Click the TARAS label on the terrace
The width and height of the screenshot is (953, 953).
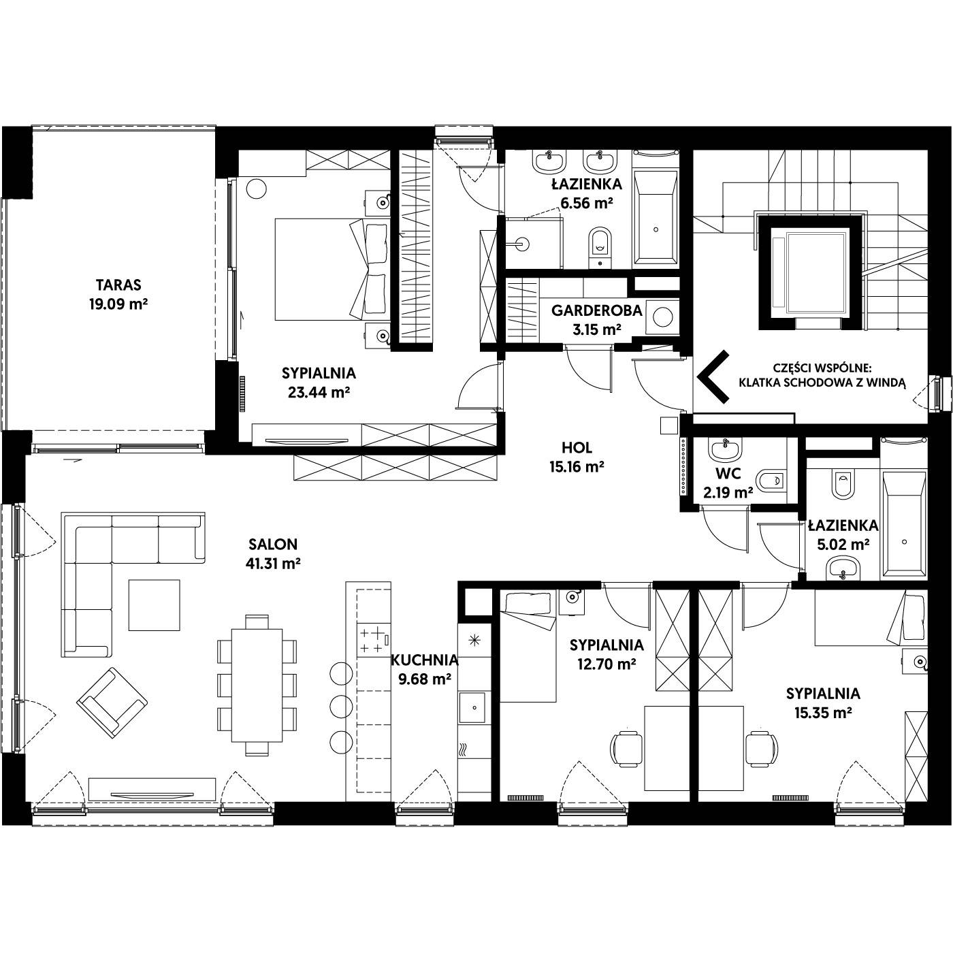tap(118, 285)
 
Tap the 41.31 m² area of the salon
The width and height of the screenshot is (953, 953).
tap(273, 564)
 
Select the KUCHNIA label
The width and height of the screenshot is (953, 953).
tap(425, 660)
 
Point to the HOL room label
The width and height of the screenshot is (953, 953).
tap(577, 447)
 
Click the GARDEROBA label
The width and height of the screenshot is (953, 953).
tap(597, 310)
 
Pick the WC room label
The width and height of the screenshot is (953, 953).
tap(728, 473)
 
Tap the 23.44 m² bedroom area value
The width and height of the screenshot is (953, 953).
tap(319, 392)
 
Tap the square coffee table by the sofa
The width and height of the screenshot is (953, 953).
tap(154, 605)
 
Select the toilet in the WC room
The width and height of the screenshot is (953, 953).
tap(770, 480)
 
